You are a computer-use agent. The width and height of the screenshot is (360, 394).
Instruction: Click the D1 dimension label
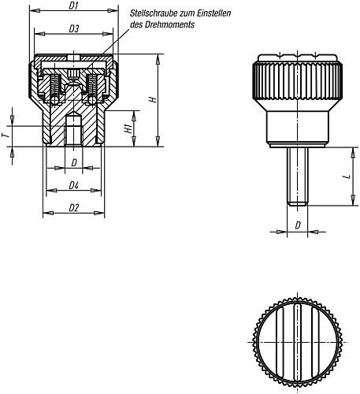click(74, 7)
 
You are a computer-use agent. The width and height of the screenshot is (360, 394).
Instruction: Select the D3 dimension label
click(73, 29)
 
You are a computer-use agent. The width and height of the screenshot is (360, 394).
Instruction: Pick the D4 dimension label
click(73, 186)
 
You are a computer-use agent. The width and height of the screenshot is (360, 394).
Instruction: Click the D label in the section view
click(74, 163)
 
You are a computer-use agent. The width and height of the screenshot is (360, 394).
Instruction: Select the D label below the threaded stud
click(297, 226)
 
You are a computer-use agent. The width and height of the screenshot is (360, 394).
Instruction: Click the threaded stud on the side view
click(297, 177)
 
